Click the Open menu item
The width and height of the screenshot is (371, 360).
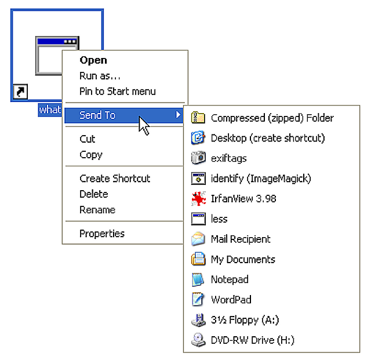click(x=93, y=60)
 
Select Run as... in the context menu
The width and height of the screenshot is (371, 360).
click(x=100, y=75)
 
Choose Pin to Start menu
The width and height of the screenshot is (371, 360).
click(x=117, y=91)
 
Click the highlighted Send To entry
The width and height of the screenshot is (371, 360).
click(x=97, y=115)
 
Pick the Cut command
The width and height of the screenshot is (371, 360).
click(x=88, y=139)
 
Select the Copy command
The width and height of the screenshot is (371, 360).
click(x=91, y=155)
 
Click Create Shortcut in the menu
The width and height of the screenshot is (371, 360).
click(x=115, y=179)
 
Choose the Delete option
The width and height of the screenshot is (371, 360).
click(x=94, y=194)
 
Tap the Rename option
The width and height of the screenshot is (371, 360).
click(x=97, y=210)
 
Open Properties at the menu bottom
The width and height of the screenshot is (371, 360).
click(x=102, y=234)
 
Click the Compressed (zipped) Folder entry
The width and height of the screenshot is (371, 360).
click(x=272, y=118)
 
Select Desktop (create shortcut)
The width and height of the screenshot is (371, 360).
click(x=267, y=138)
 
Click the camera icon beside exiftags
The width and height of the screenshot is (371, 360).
click(x=198, y=158)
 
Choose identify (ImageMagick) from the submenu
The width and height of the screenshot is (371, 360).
click(x=261, y=179)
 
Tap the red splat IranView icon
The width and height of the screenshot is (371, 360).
click(x=198, y=199)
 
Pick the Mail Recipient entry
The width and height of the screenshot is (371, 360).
click(x=241, y=239)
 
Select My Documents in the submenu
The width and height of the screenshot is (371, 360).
click(x=242, y=259)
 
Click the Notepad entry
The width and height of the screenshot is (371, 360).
click(x=230, y=279)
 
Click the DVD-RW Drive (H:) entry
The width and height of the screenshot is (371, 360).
click(x=252, y=340)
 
